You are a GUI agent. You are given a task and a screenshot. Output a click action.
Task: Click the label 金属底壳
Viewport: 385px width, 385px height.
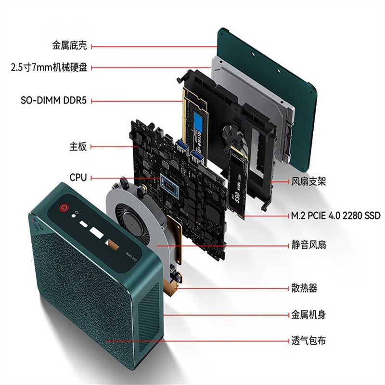pyautogui.click(x=69, y=46)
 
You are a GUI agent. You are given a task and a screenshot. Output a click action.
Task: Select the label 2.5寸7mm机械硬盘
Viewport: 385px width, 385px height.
pyautogui.click(x=49, y=67)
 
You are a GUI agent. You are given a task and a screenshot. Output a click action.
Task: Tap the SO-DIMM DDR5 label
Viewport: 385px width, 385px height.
pyautogui.click(x=54, y=101)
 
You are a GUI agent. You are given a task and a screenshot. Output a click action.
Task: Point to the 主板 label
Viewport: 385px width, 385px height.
pyautogui.click(x=78, y=147)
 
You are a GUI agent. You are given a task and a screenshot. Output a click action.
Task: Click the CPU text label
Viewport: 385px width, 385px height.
pyautogui.click(x=78, y=177)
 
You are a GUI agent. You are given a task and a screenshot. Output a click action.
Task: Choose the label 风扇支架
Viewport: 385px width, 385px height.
pyautogui.click(x=308, y=182)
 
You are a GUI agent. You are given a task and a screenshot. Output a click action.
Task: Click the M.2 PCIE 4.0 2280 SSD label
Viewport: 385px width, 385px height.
pyautogui.click(x=335, y=216)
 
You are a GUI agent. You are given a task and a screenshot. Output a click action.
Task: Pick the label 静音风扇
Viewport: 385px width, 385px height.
pyautogui.click(x=308, y=245)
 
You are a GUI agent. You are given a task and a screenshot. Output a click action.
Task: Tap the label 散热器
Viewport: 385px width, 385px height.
pyautogui.click(x=304, y=288)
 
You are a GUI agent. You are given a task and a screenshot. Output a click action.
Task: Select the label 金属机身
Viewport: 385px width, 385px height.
pyautogui.click(x=308, y=315)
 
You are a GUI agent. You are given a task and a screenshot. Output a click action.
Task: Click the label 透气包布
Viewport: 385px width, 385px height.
pyautogui.click(x=308, y=341)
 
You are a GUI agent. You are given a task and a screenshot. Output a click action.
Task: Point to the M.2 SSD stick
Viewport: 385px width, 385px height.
pyautogui.click(x=237, y=182)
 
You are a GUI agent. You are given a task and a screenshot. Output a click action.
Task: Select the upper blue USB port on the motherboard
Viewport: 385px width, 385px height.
pyautogui.click(x=182, y=145)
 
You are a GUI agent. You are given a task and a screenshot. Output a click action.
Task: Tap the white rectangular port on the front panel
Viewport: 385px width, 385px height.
pyautogui.click(x=97, y=232)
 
